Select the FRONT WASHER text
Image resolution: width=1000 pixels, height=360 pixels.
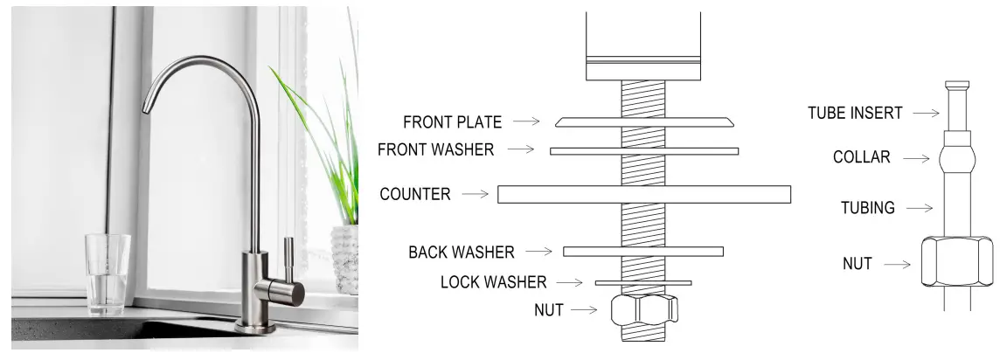click(435, 149)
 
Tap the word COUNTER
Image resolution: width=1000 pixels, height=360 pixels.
click(415, 194)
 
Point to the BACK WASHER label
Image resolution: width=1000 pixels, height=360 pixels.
click(462, 252)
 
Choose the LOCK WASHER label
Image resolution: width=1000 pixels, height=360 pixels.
click(493, 281)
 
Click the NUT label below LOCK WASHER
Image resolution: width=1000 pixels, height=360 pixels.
click(549, 308)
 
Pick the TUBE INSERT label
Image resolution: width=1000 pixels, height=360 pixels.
click(855, 113)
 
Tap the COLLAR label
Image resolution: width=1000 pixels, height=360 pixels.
click(861, 158)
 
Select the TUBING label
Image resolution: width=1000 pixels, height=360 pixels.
click(866, 208)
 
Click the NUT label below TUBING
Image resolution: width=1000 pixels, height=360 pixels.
click(857, 262)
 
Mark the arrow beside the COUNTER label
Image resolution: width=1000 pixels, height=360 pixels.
click(476, 194)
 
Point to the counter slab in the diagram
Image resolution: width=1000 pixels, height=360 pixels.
click(644, 194)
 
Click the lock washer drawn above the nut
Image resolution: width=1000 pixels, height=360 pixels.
click(643, 282)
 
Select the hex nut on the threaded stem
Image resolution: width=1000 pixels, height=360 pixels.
click(644, 309)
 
